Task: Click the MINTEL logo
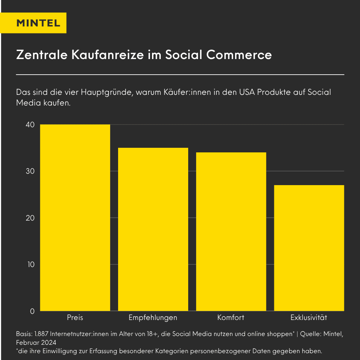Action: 38,23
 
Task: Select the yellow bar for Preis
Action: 75,218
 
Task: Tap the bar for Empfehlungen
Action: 153,229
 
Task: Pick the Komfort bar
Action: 231,232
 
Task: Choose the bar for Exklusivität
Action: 309,248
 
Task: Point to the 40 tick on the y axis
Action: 30,125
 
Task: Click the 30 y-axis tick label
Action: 30,171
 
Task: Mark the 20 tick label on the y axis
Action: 30,218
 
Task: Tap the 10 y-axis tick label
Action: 30,264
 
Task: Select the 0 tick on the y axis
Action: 32,311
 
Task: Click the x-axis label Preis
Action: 75,318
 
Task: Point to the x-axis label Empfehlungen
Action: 153,318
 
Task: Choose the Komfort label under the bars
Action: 231,318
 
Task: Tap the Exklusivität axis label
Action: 309,318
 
